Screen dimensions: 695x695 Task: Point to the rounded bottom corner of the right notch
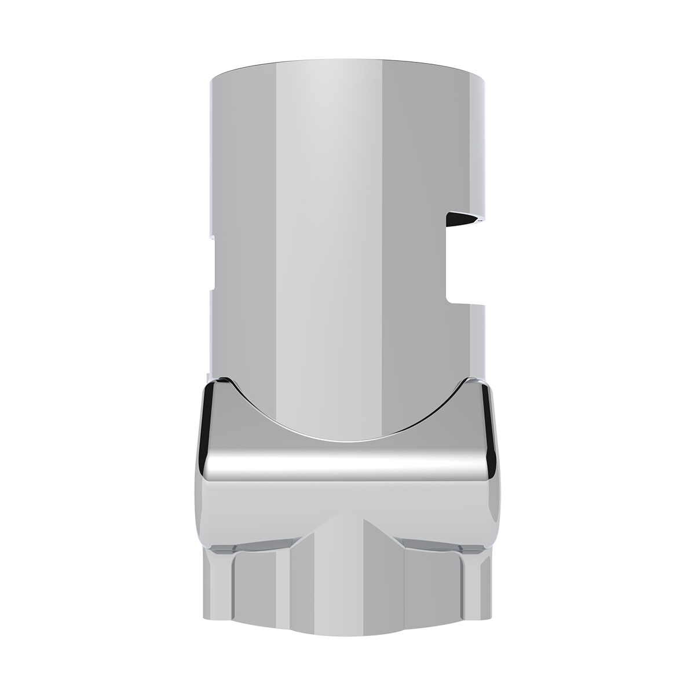[x=451, y=298]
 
